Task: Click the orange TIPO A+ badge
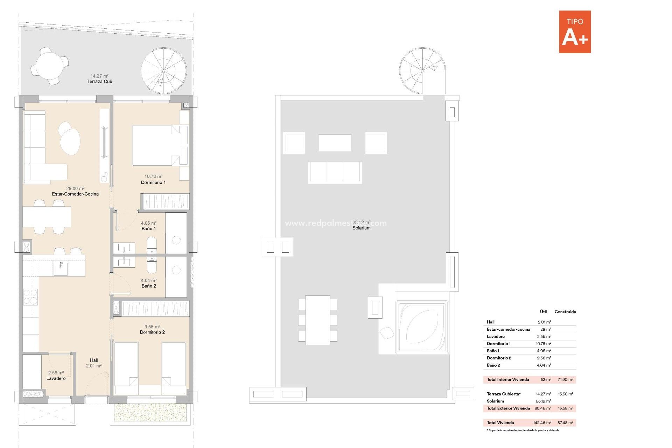[x=575, y=32]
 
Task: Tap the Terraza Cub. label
[x=100, y=82]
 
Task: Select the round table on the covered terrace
[x=49, y=66]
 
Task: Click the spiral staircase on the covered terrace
[x=163, y=71]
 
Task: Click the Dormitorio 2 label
[x=152, y=332]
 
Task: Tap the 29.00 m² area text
[x=75, y=188]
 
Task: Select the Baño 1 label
[x=148, y=229]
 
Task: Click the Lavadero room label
[x=56, y=378]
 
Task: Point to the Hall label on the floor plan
[x=94, y=360]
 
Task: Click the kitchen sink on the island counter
[x=61, y=269]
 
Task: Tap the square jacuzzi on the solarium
[x=422, y=327]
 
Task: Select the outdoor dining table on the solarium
[x=317, y=320]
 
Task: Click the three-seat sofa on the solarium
[x=335, y=173]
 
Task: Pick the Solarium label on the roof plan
[x=361, y=228]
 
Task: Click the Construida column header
[x=565, y=311]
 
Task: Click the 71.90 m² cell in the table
[x=565, y=379]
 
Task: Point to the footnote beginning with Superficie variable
[x=524, y=430]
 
